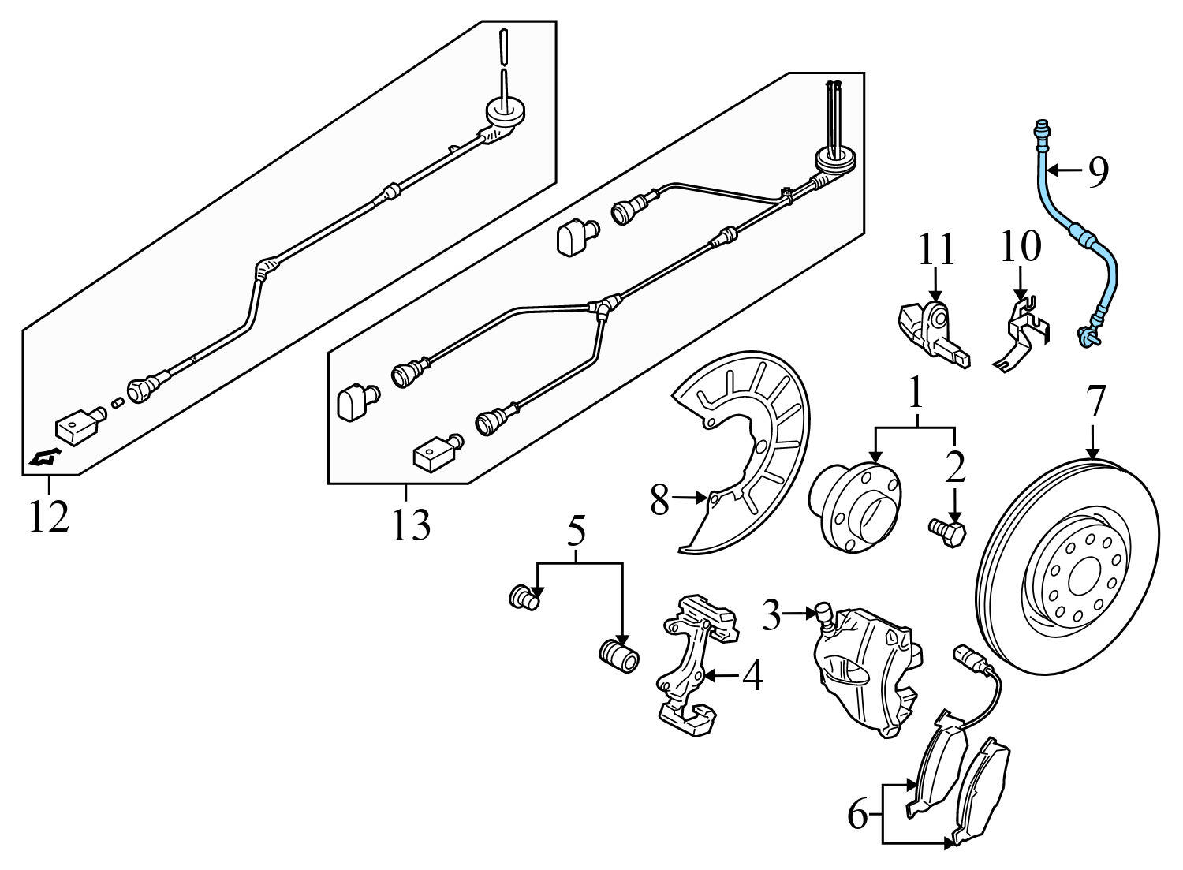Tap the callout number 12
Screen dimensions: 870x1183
[49, 517]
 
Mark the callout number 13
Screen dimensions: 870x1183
[411, 524]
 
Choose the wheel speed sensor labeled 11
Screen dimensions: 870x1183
[931, 331]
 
